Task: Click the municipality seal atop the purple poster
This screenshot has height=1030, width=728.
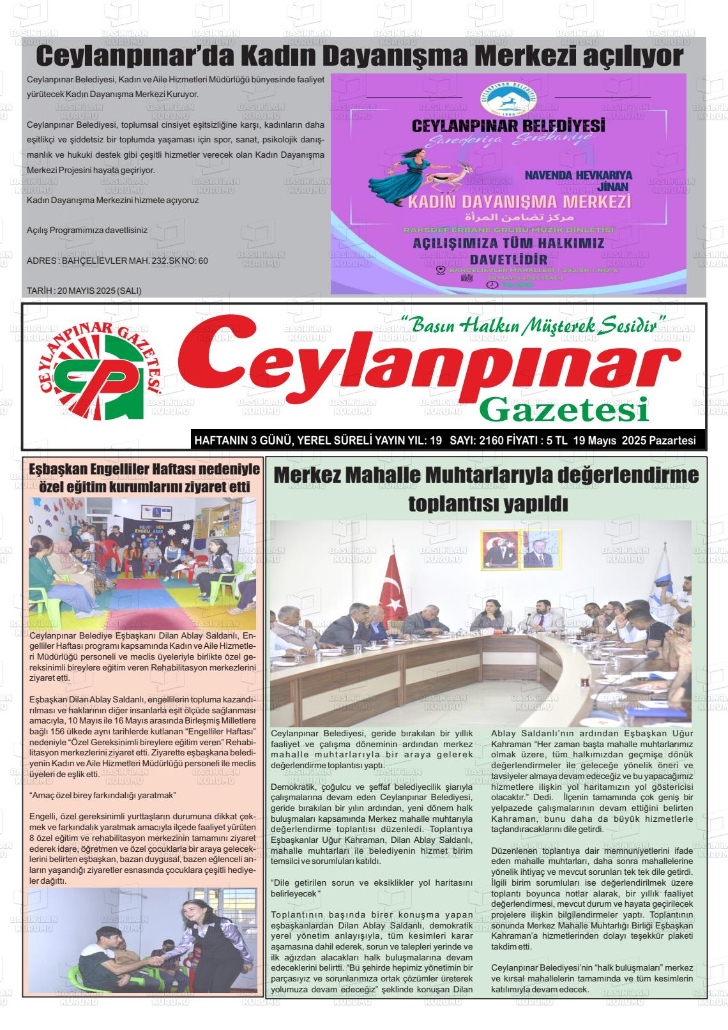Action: point(509,96)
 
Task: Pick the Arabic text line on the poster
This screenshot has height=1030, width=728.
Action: point(508,218)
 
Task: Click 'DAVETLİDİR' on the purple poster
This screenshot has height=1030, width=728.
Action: point(508,259)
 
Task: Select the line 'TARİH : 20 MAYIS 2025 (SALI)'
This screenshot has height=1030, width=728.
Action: point(84,291)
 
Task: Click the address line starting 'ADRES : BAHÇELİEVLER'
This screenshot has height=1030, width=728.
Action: point(118,261)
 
